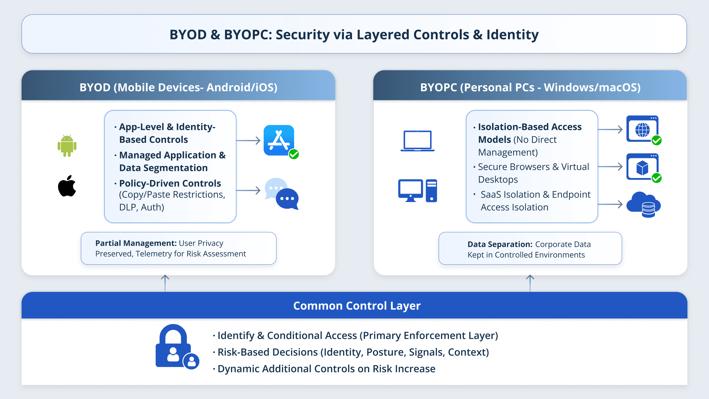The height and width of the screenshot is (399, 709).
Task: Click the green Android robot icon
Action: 67,146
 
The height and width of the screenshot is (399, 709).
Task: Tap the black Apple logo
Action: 67,186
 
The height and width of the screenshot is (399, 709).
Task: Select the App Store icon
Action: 279,140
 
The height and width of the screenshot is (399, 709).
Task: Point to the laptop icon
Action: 417,141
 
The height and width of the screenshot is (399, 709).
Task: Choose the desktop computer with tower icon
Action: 417,191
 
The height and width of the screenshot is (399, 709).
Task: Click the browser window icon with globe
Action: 643,129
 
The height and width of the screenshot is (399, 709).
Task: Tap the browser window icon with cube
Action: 643,167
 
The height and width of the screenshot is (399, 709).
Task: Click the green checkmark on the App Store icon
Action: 294,154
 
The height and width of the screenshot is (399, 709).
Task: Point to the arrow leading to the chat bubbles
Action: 248,190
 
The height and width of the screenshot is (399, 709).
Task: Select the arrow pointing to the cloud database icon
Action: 610,204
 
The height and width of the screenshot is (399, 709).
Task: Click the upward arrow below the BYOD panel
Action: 165,283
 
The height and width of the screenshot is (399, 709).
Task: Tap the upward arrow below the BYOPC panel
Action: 530,283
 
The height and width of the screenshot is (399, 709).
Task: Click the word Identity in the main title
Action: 512,35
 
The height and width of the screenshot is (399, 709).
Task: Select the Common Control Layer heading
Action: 357,306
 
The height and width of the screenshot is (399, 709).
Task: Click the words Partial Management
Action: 136,243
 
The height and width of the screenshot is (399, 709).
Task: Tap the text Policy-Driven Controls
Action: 170,183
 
